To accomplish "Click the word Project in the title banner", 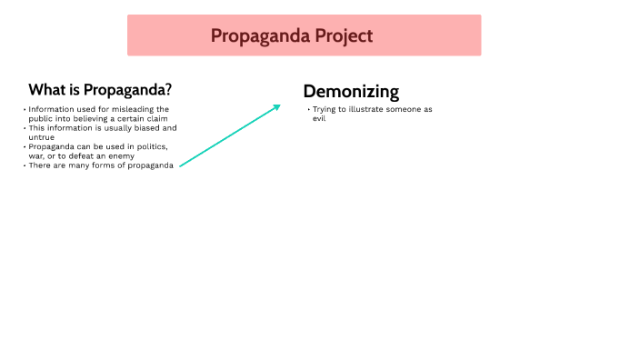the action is (x=339, y=35).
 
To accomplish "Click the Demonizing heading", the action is (x=351, y=91).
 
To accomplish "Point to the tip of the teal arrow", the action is (x=280, y=105).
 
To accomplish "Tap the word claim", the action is (x=157, y=118).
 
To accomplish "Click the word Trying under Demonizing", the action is (x=325, y=109).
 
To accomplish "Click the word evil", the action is (x=319, y=118).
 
